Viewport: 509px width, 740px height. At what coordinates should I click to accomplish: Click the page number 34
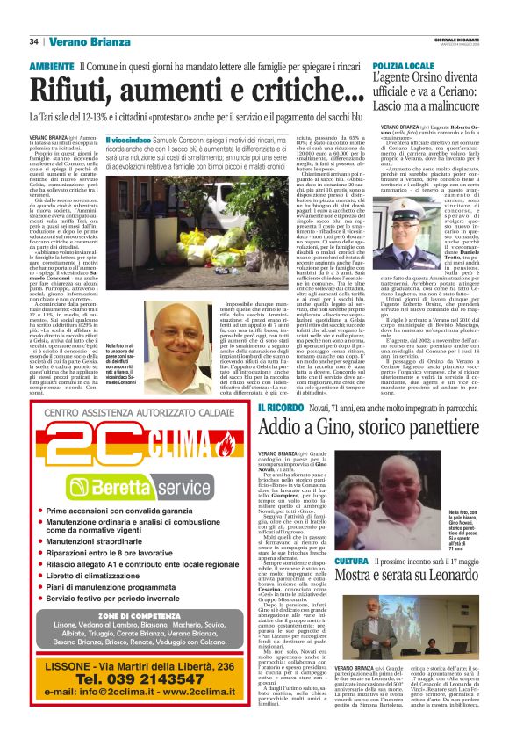[x=34, y=41]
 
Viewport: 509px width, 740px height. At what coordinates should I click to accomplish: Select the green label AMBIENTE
[x=51, y=67]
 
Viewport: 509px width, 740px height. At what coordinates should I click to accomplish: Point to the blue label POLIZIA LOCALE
[x=406, y=67]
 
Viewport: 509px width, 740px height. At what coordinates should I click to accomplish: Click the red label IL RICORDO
[x=281, y=409]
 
